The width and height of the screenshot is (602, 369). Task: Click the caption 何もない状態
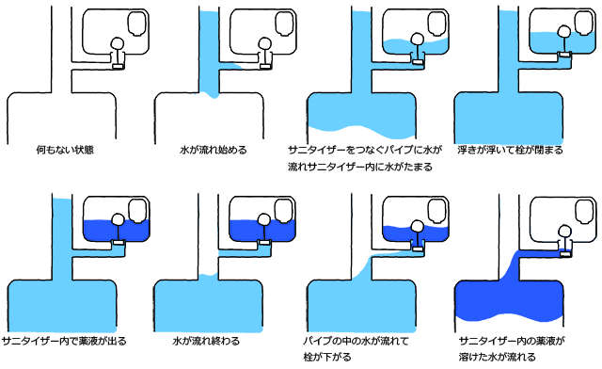click(x=65, y=150)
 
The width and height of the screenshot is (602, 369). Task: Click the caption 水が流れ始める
click(x=214, y=150)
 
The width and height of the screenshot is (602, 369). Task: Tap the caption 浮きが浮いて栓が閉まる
click(x=510, y=150)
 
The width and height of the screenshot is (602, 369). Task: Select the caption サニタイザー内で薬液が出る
click(x=64, y=341)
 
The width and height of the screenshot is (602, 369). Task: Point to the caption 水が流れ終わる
click(x=206, y=341)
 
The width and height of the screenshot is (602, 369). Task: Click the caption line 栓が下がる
click(x=327, y=357)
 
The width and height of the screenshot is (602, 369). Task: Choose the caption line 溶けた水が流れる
click(x=498, y=357)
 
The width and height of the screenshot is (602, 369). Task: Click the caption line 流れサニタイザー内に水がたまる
click(x=360, y=167)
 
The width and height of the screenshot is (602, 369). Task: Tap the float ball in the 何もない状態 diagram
click(x=117, y=43)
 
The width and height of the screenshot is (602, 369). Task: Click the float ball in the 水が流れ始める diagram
click(x=264, y=43)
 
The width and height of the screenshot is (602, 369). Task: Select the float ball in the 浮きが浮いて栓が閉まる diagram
click(x=564, y=31)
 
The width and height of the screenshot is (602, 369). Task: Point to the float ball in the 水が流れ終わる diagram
click(x=263, y=219)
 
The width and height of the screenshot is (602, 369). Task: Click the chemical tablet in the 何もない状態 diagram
click(x=137, y=24)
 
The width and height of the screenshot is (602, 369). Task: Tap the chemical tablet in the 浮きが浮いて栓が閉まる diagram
click(x=584, y=23)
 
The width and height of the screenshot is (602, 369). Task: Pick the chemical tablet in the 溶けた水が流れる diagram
click(x=585, y=212)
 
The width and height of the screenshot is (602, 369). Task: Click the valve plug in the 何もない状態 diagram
click(x=119, y=66)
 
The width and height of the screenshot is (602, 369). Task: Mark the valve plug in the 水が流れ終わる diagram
click(x=265, y=242)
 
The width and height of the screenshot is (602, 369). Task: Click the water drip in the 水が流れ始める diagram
click(x=213, y=94)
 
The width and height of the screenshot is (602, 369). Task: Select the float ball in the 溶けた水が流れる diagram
click(x=564, y=232)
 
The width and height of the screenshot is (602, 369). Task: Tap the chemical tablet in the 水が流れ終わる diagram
click(x=284, y=211)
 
